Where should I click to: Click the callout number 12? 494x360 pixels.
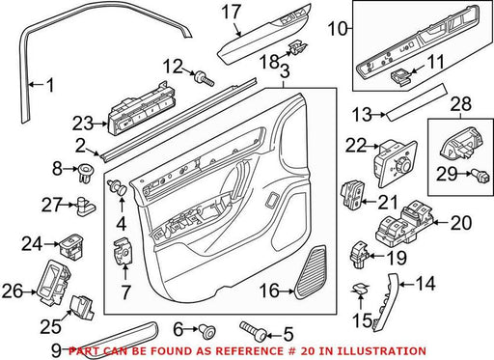click(173, 67)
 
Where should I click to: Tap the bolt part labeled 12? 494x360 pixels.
click(204, 78)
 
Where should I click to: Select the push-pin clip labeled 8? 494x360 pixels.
click(85, 173)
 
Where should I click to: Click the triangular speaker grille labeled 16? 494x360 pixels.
click(311, 272)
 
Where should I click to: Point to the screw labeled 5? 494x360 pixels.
click(253, 331)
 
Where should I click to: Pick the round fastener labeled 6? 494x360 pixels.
click(206, 331)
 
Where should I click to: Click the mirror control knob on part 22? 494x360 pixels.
click(403, 166)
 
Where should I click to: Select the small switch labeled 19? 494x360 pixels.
click(360, 255)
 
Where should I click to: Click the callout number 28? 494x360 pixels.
click(461, 104)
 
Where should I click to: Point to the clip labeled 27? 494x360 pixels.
click(85, 207)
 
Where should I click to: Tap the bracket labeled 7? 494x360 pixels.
click(123, 252)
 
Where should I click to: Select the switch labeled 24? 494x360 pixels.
click(71, 245)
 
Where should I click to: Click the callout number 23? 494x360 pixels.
click(83, 124)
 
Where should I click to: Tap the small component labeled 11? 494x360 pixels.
click(400, 78)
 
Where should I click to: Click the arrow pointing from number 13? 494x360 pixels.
click(379, 114)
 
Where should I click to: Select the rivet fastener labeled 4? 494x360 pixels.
click(118, 187)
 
